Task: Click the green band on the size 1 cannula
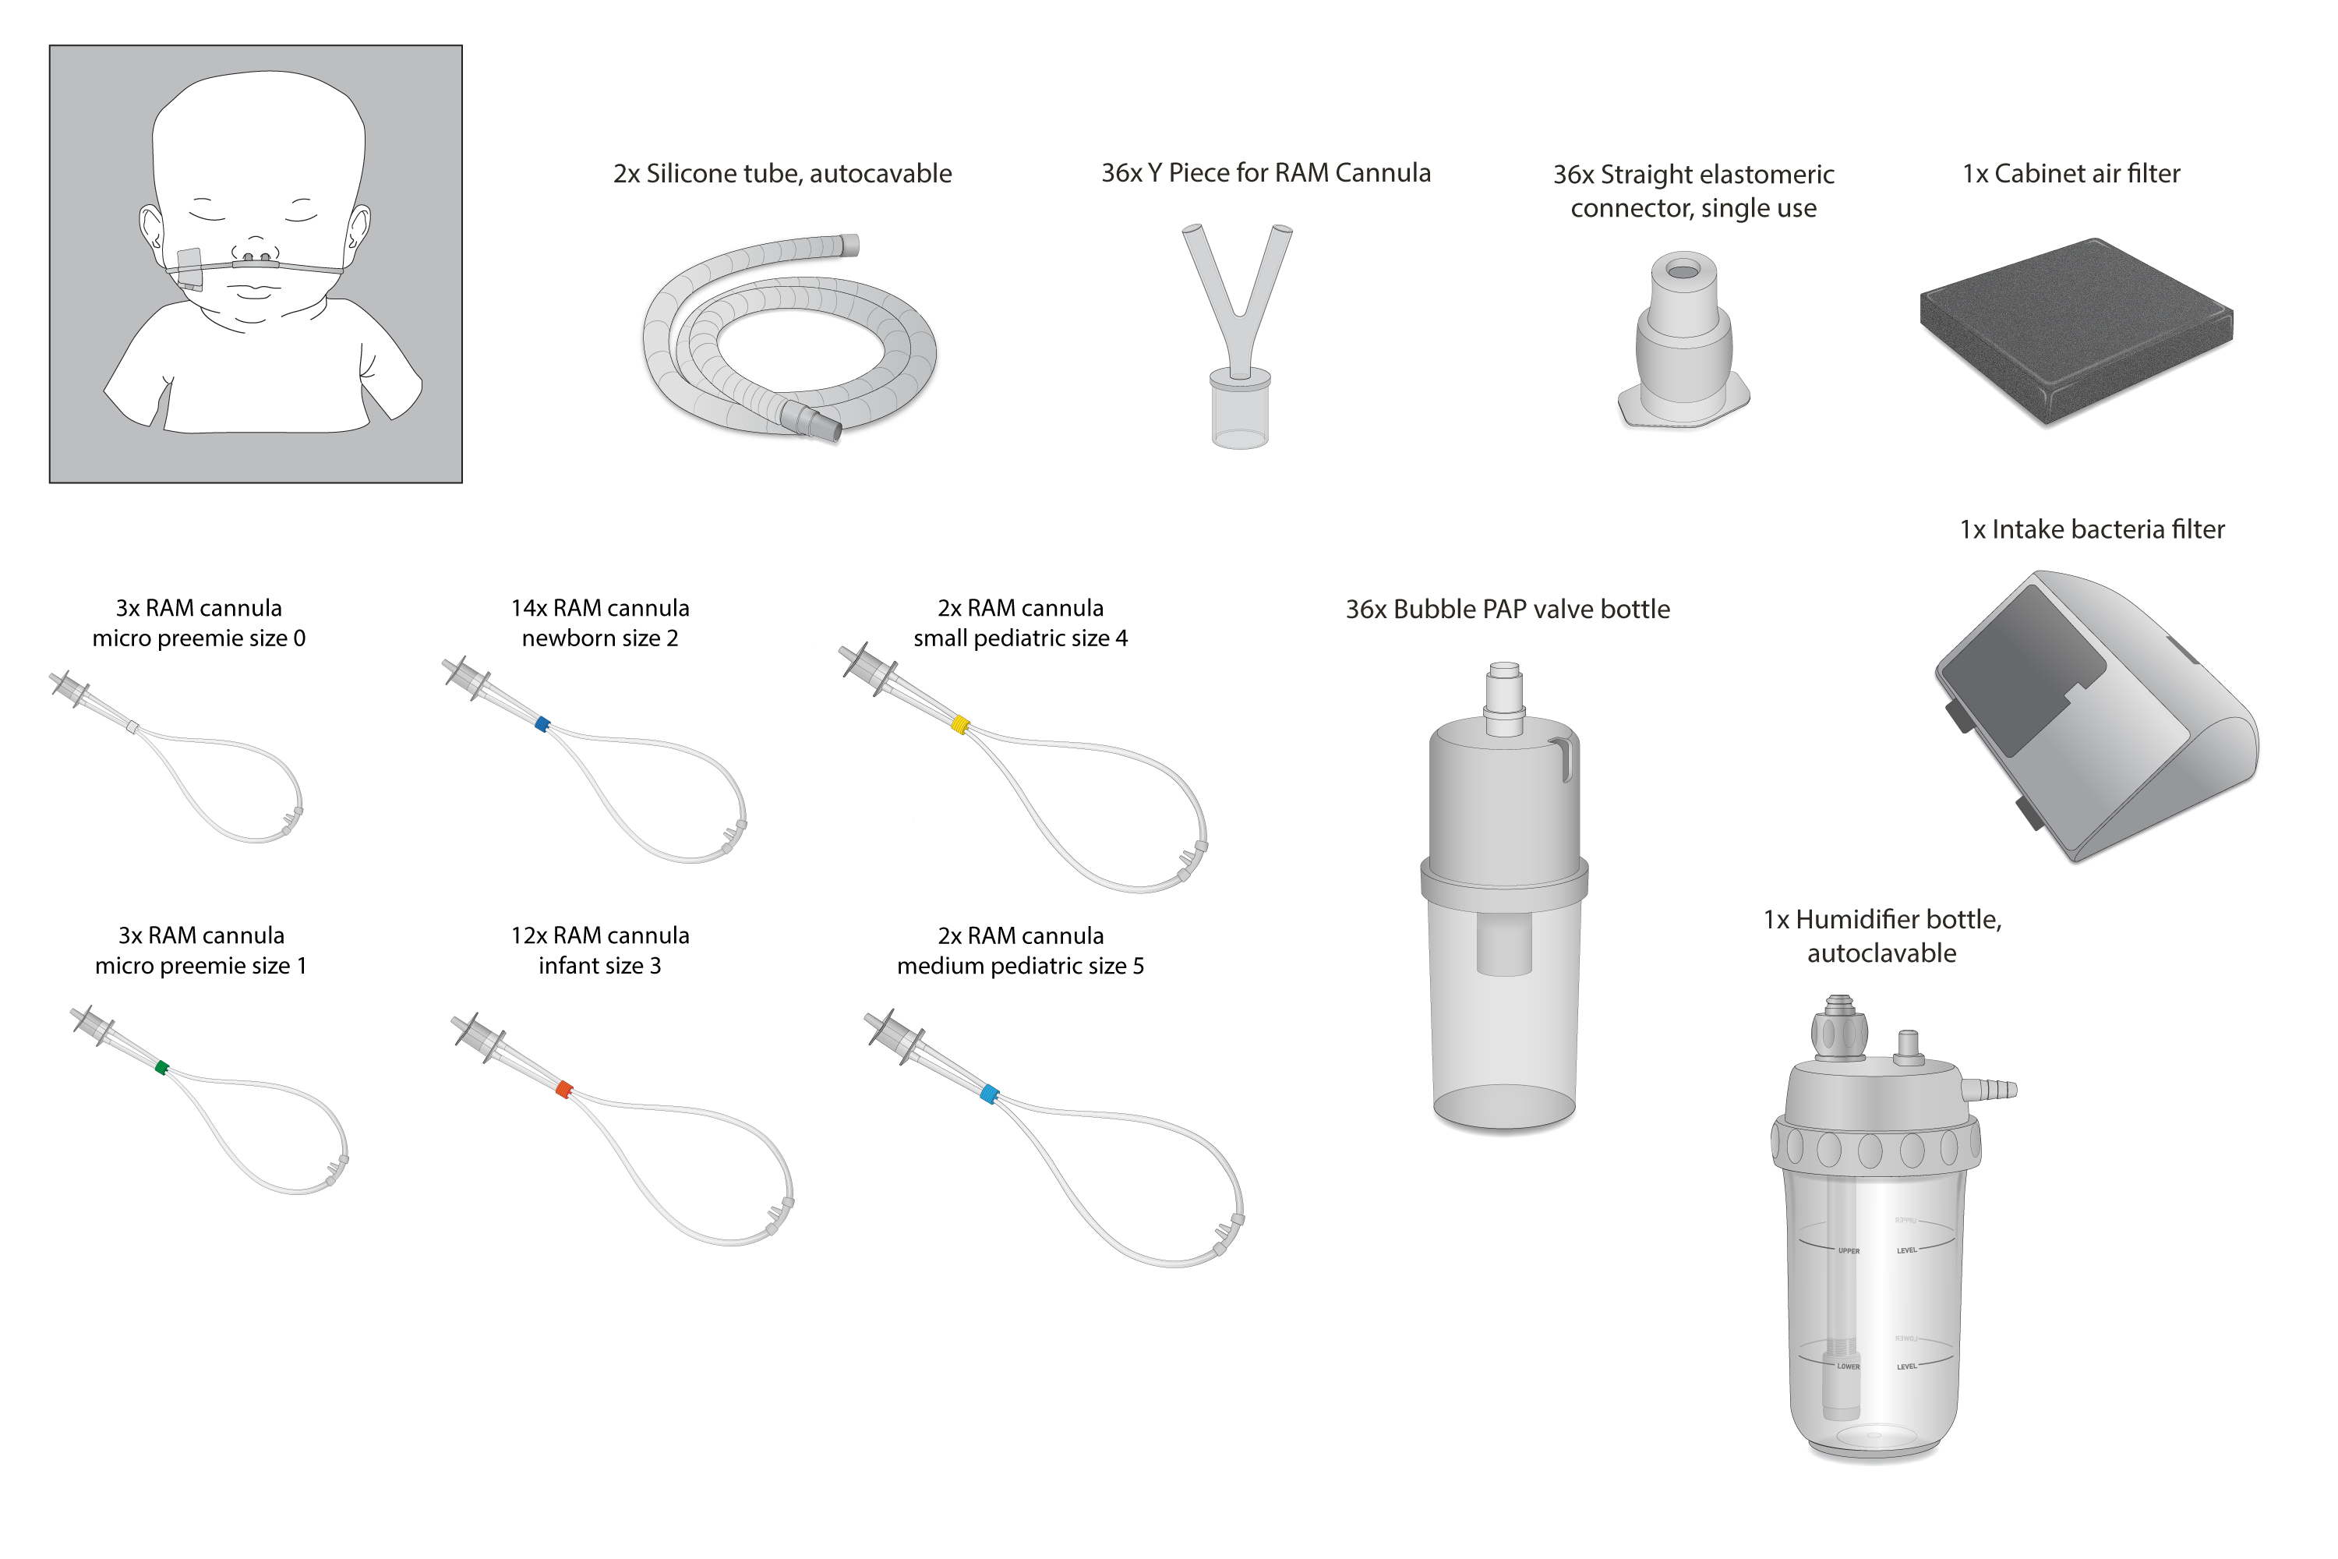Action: click(x=162, y=1068)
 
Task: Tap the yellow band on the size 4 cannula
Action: click(x=960, y=724)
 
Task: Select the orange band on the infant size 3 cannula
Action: click(x=564, y=1089)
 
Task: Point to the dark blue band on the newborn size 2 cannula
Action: click(x=542, y=724)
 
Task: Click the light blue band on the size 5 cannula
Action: click(x=989, y=1094)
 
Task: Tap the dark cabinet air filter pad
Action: click(x=2075, y=328)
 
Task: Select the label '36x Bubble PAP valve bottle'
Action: click(x=1507, y=610)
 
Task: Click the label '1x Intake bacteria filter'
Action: click(x=2092, y=530)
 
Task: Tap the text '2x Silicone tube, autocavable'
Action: click(x=782, y=174)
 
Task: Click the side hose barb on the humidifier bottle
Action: click(x=1992, y=1090)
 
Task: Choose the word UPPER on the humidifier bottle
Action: click(x=1849, y=1251)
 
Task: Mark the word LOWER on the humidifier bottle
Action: click(x=1848, y=1366)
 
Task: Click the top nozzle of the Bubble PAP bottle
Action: click(x=1504, y=686)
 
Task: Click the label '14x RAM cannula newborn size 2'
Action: click(x=599, y=622)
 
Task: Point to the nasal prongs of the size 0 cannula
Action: click(x=292, y=819)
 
